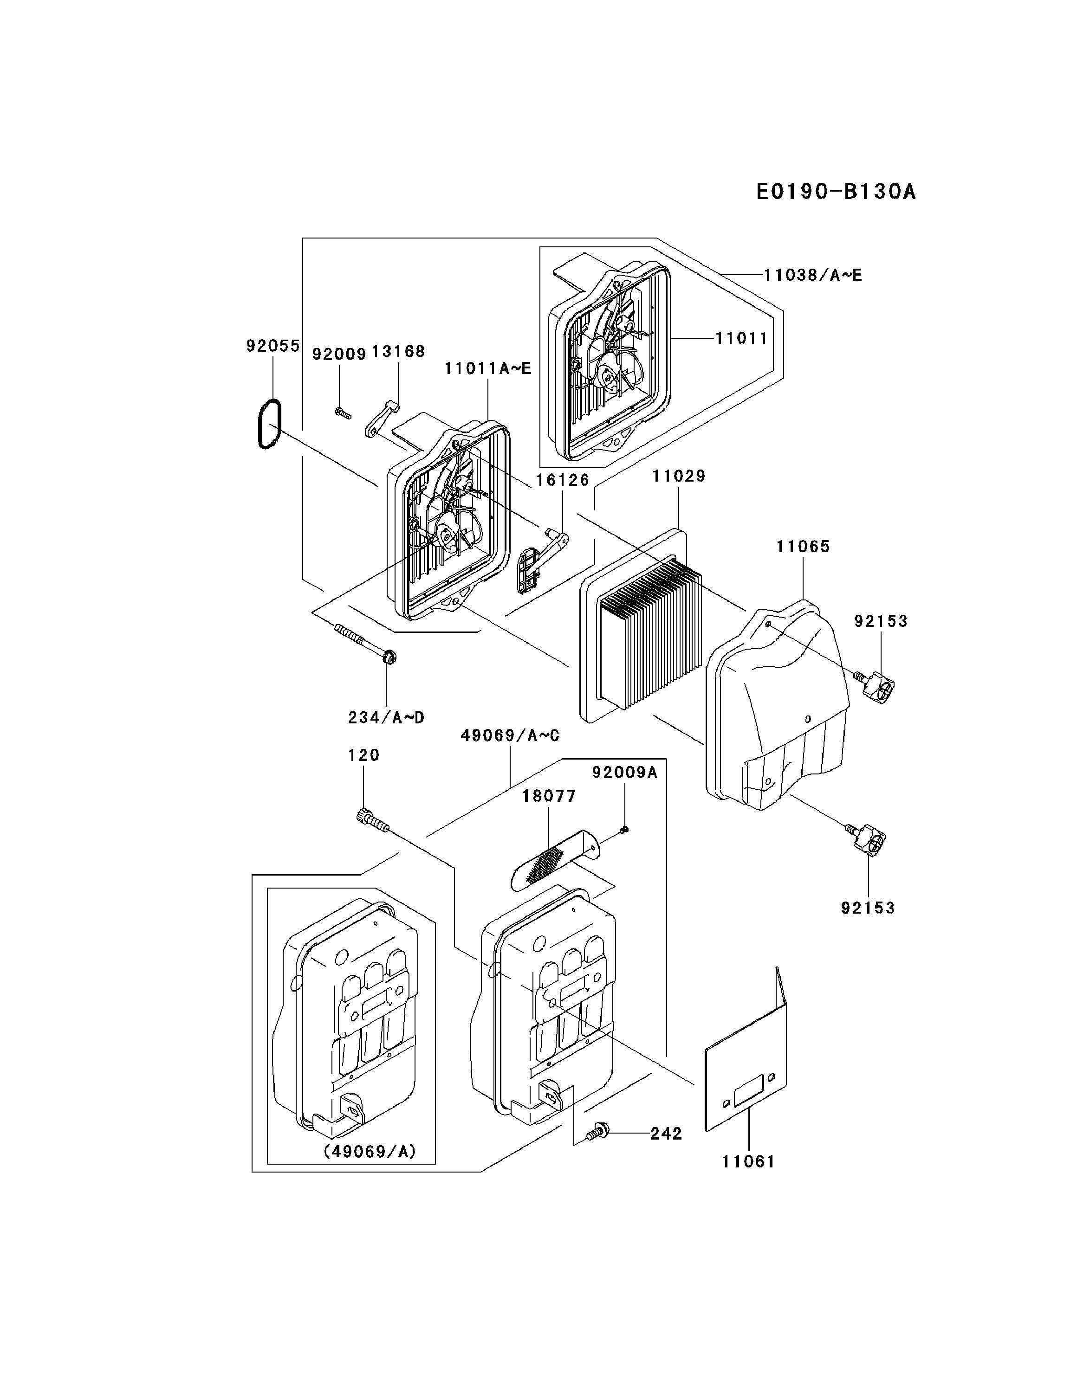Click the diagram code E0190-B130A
[835, 191]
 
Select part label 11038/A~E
[813, 275]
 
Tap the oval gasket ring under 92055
[268, 424]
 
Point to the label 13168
[398, 352]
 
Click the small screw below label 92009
[343, 413]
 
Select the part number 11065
[803, 546]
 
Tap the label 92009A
[624, 773]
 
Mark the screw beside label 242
[599, 1131]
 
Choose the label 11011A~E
[488, 368]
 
